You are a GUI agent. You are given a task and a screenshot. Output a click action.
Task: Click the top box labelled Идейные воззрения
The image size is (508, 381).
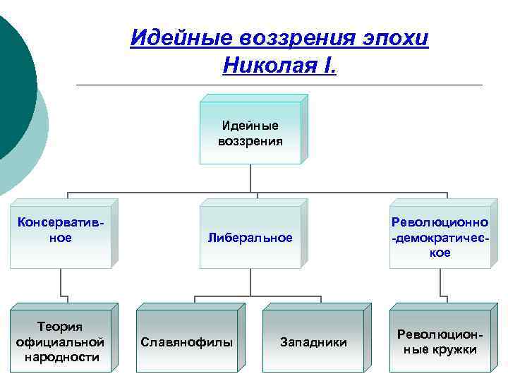point(250,133)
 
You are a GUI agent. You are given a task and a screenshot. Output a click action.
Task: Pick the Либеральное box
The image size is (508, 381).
point(250,238)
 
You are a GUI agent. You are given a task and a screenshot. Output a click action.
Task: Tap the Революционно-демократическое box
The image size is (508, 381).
point(440,238)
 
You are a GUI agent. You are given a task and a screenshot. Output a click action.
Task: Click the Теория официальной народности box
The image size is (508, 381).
point(60,341)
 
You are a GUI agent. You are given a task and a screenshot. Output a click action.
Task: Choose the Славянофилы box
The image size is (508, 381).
point(186,342)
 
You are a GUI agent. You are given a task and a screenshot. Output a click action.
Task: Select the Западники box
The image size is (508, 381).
point(313,342)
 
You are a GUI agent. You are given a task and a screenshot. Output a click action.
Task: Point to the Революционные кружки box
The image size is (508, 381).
point(440,341)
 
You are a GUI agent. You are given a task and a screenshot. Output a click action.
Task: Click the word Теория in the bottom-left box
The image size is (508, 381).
point(60,327)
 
